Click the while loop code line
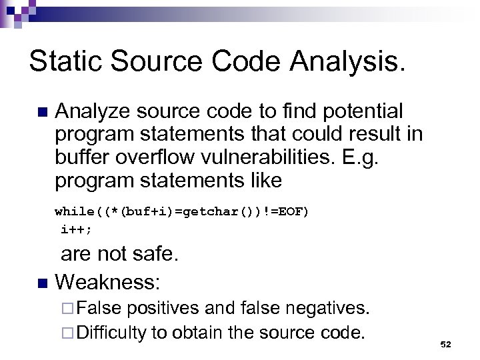[182, 211]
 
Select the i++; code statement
[77, 229]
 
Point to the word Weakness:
[107, 282]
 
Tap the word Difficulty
[111, 332]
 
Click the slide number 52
[446, 344]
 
